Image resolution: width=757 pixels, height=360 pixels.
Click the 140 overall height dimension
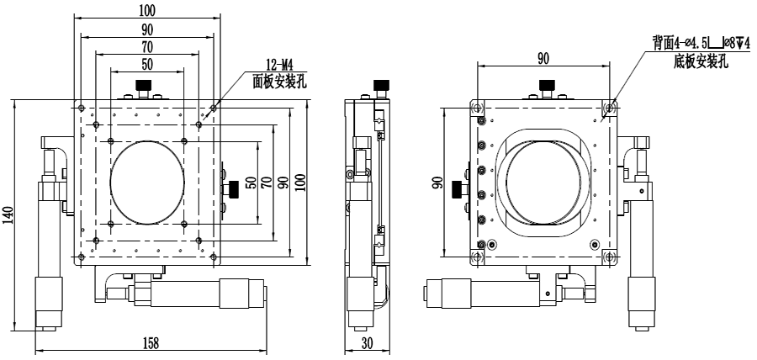click(8, 216)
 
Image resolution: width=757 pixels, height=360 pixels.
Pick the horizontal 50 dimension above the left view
click(147, 64)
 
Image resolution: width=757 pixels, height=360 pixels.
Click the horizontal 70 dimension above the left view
click(147, 47)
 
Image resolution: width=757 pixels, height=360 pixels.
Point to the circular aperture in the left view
click(146, 181)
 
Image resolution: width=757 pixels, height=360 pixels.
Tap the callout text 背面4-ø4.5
click(684, 41)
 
